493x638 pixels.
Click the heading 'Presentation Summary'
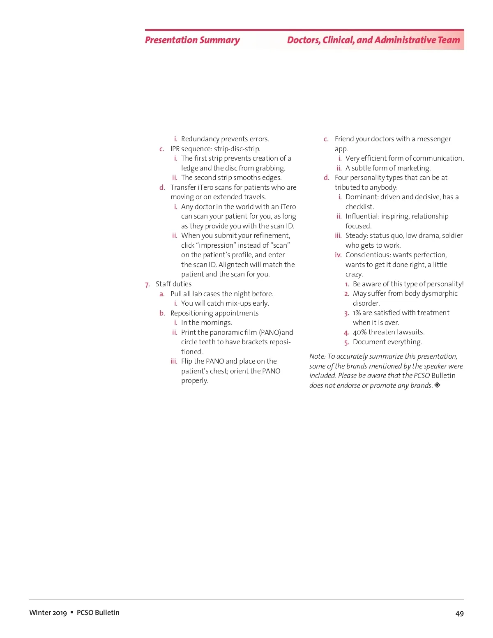192,40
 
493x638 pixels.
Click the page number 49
459,613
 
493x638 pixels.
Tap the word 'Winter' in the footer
40,613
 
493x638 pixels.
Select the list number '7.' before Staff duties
147,284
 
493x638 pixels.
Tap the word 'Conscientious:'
368,255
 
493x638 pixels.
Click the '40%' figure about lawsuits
359,332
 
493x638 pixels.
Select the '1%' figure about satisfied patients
357,313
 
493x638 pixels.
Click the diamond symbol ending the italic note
437,385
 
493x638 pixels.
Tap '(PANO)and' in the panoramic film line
276,332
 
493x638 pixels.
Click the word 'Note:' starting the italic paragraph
317,356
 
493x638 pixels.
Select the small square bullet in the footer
72,612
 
